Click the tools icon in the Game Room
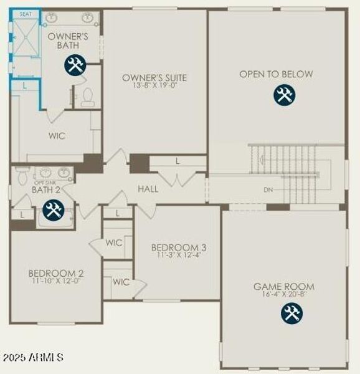tap(291, 313)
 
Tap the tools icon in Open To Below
tap(285, 95)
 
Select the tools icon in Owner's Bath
tap(75, 65)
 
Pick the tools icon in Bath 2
tap(52, 210)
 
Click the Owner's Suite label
tap(154, 78)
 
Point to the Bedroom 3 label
tap(179, 247)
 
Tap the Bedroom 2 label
tap(56, 273)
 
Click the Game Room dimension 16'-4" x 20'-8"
tap(284, 295)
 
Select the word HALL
tap(148, 189)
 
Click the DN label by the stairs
tap(268, 189)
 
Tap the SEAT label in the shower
tap(26, 14)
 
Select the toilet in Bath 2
tap(22, 176)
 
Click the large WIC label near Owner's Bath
tap(57, 135)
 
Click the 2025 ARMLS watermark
tap(32, 358)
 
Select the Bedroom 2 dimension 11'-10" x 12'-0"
tap(56, 281)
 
